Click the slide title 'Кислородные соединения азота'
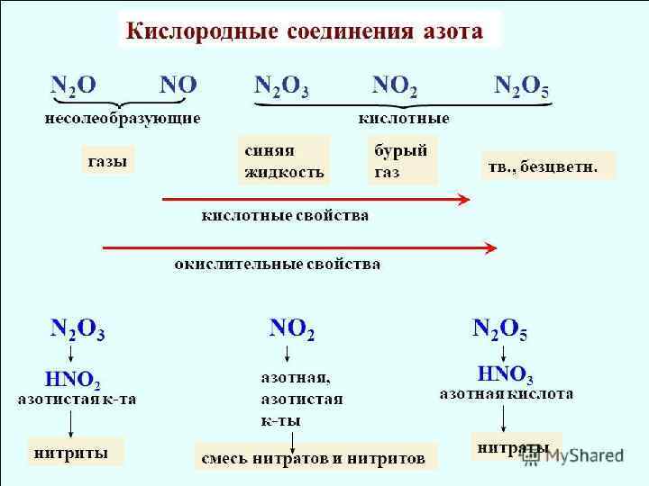305,32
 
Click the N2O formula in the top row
73,86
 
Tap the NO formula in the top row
178,86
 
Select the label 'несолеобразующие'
123,118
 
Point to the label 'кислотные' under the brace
403,118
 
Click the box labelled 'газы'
107,160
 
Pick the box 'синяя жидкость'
283,160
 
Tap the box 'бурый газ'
403,160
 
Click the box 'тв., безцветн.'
548,166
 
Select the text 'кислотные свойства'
285,216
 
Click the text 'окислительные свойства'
277,264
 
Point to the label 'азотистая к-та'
78,400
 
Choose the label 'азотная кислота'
506,393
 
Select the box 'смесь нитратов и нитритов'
314,458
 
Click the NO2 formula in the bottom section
293,329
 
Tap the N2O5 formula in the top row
522,86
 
